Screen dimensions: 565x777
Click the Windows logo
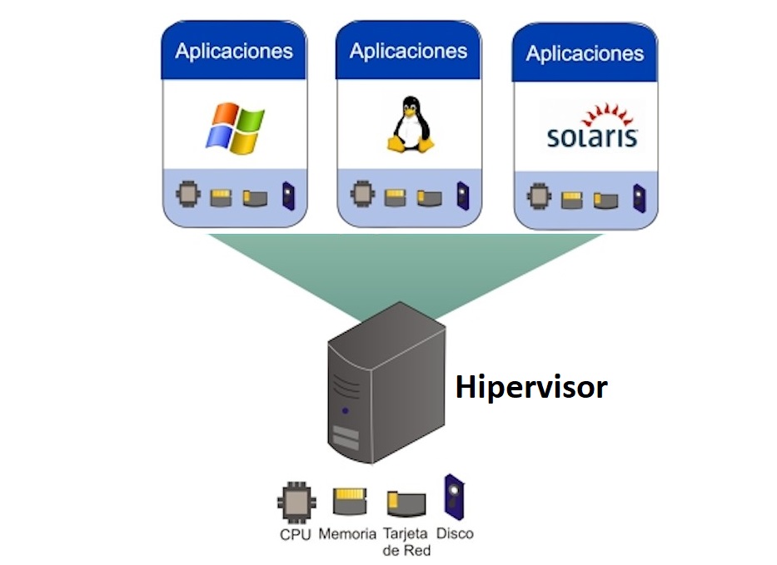234,128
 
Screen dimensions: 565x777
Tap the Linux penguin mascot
410,124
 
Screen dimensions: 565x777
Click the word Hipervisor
530,387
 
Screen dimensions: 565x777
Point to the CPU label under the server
295,534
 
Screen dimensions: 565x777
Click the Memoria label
346,534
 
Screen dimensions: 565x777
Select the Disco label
455,533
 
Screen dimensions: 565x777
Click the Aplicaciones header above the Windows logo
234,51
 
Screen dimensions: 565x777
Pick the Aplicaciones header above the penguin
408,51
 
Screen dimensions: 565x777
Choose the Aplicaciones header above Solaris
585,54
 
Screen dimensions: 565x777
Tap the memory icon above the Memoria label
350,502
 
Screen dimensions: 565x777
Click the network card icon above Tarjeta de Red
406,503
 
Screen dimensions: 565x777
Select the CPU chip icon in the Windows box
189,196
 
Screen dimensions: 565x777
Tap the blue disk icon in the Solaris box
640,198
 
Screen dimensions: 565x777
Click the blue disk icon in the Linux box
462,196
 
